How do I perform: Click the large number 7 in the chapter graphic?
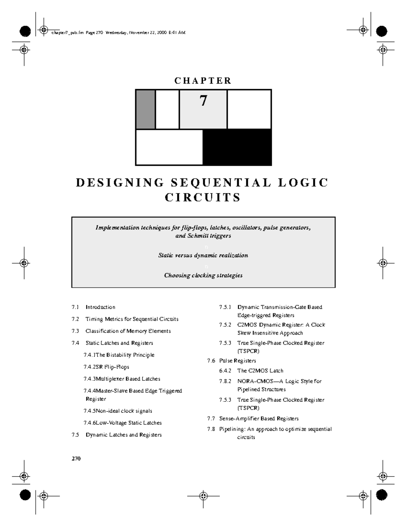(203, 101)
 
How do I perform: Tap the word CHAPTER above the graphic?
(203, 81)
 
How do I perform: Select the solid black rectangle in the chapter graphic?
(237, 147)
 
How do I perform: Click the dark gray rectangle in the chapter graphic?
(146, 109)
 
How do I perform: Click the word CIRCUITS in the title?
(203, 197)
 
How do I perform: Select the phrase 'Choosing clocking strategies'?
(203, 275)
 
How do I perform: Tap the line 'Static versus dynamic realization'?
(203, 255)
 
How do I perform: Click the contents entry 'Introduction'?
(100, 307)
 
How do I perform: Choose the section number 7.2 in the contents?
(75, 319)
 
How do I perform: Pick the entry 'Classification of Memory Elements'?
(128, 331)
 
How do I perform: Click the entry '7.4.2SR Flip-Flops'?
(106, 367)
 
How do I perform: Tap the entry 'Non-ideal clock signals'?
(124, 411)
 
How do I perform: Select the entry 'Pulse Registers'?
(237, 361)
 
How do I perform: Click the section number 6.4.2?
(225, 371)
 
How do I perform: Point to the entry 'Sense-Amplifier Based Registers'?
(259, 419)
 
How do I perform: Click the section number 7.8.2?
(225, 381)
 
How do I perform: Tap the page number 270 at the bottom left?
(76, 459)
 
